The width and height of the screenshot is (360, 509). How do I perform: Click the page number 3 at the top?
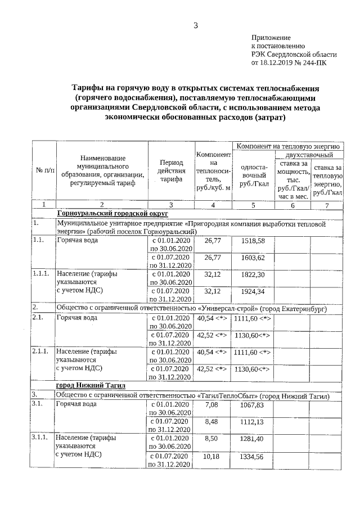coord(196,25)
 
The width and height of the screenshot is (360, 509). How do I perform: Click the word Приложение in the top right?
coord(271,37)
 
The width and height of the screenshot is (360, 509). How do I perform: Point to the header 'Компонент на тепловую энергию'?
coord(286,146)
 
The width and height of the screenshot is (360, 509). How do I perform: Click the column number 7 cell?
coord(327,205)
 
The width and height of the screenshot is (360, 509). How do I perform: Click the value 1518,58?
coord(253,241)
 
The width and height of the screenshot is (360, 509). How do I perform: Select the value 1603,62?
coord(253,258)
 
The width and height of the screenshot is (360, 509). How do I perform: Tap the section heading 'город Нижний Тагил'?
coord(91,385)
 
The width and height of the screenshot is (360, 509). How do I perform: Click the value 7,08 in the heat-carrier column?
coord(211,404)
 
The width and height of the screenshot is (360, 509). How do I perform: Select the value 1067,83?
coord(251,405)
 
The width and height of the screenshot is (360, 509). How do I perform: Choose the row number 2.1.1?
coord(41,352)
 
